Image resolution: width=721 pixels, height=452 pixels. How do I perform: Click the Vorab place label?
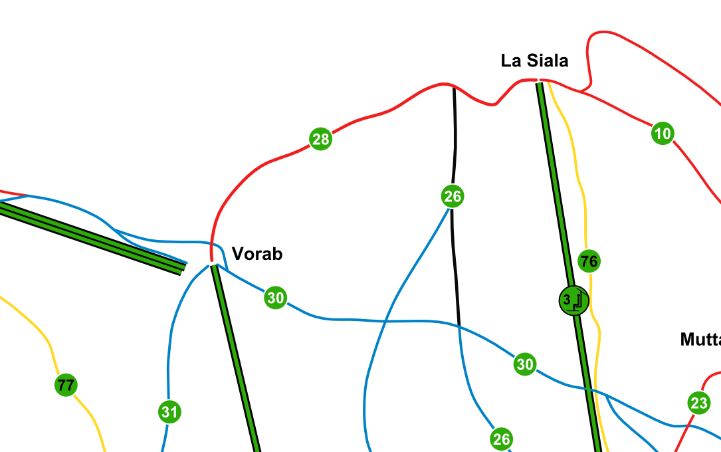(257, 254)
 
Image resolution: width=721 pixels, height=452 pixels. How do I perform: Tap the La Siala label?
(534, 60)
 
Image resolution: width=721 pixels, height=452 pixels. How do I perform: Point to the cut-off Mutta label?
(700, 340)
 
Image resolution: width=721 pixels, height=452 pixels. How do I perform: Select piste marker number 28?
(320, 139)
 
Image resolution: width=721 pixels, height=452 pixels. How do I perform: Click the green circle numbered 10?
(663, 134)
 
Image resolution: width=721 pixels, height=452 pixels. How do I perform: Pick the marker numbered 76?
(589, 261)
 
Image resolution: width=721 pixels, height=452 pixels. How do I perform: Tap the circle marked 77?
(66, 385)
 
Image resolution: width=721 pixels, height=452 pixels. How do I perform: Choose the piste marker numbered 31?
(169, 412)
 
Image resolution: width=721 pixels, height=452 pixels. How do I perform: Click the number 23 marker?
(699, 403)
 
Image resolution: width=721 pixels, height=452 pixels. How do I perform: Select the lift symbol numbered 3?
(573, 300)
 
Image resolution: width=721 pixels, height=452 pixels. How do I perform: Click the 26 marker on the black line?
(453, 196)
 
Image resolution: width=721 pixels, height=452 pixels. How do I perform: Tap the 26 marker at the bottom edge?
(501, 439)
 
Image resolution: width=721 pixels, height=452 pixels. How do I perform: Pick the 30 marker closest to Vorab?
(275, 298)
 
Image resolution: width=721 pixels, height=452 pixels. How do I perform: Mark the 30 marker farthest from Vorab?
(525, 364)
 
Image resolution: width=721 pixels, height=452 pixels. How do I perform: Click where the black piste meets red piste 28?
(454, 87)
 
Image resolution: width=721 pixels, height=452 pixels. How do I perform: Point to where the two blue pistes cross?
(385, 321)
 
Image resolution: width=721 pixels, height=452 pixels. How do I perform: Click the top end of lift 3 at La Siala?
(540, 83)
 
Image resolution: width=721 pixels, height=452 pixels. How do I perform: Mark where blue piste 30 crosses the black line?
(459, 326)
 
